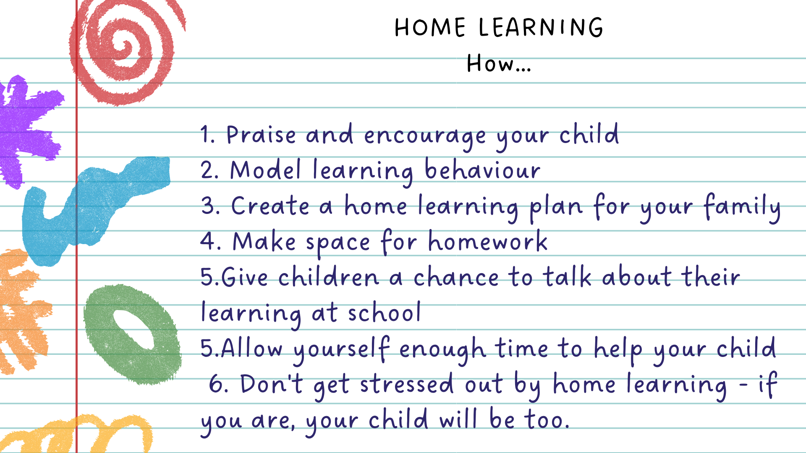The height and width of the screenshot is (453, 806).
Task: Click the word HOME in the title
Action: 430,28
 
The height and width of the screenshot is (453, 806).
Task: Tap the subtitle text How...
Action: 499,64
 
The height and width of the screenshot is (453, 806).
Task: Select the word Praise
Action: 261,135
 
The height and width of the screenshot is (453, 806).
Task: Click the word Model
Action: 265,170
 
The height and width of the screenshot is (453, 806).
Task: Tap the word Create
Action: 270,206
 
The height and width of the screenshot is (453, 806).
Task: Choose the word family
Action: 742,207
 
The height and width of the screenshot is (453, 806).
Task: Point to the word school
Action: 384,312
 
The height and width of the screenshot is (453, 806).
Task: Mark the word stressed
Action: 407,384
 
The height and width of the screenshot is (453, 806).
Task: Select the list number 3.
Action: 210,206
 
